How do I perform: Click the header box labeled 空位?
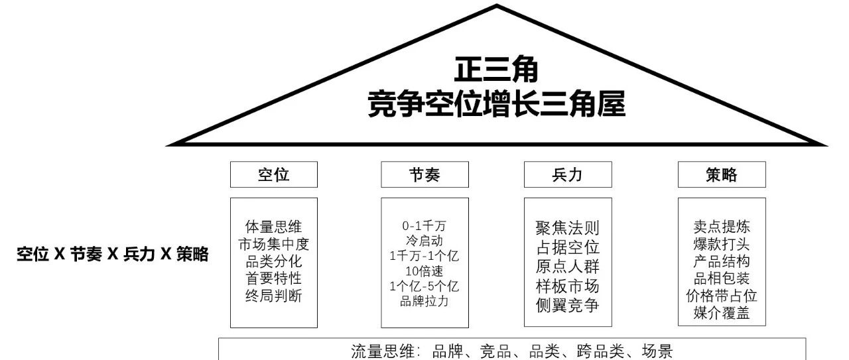(273, 175)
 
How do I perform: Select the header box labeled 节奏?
(424, 175)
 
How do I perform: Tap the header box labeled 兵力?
(567, 175)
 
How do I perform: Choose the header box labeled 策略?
(722, 175)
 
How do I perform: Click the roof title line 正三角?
(496, 70)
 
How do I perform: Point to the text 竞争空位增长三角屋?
(497, 104)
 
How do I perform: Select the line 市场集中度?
(273, 245)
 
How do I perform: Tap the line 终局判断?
(273, 296)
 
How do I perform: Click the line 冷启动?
(424, 240)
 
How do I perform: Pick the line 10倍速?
(424, 271)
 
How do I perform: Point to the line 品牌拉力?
(424, 302)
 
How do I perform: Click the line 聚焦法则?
(567, 229)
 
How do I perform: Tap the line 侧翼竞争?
(567, 306)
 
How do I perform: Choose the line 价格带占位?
(722, 296)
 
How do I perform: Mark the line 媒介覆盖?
(722, 314)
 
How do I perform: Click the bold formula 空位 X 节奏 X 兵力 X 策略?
(113, 254)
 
